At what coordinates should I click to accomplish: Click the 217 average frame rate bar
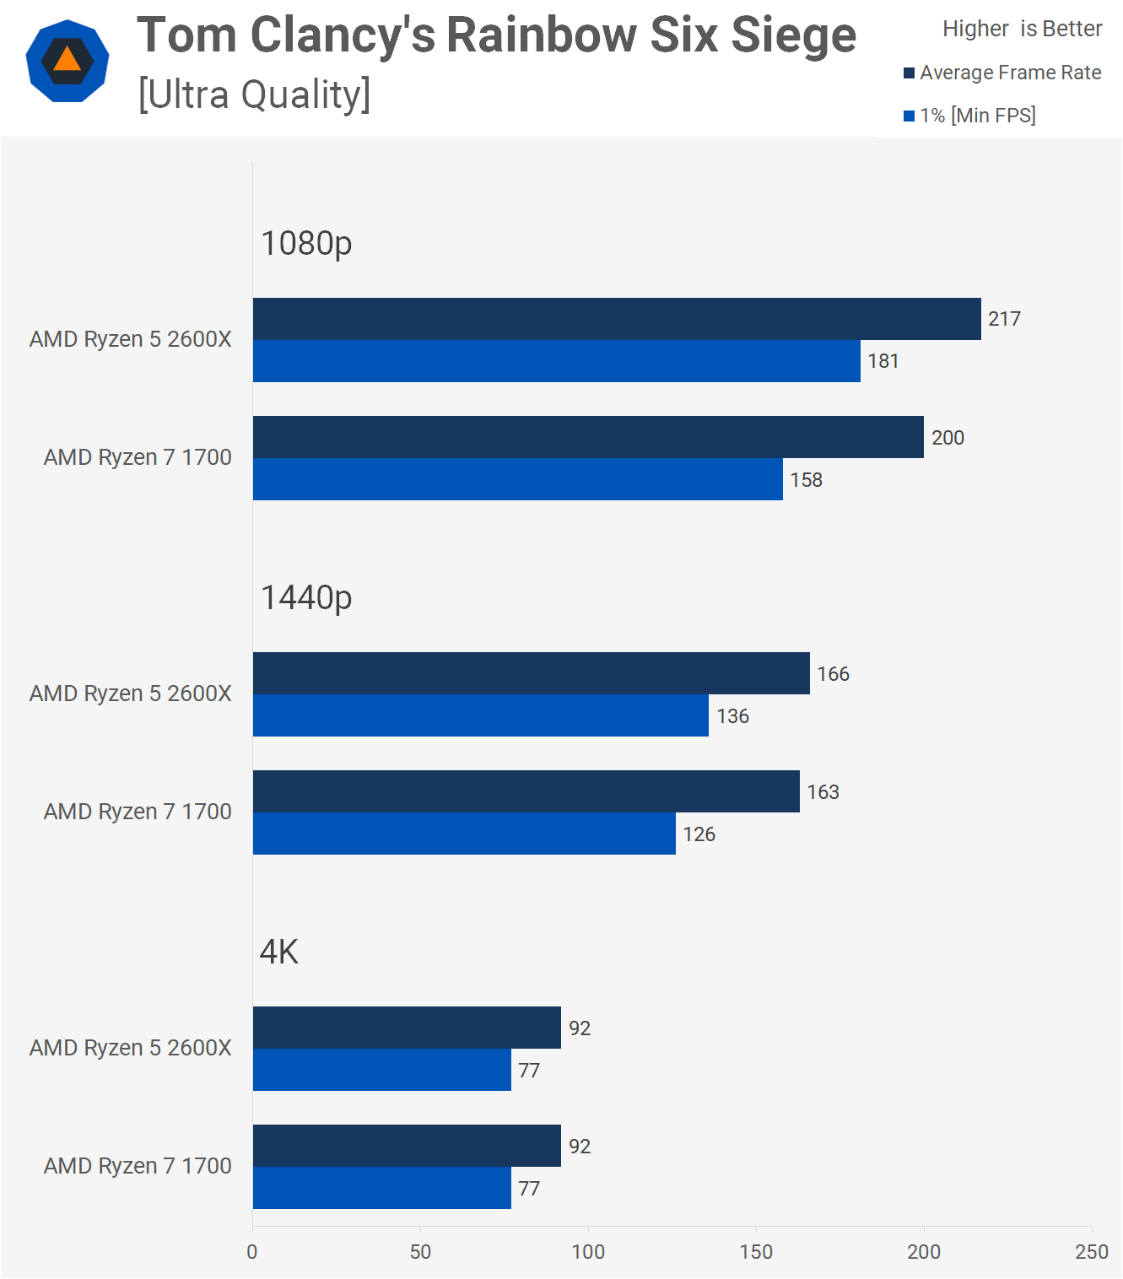pyautogui.click(x=617, y=319)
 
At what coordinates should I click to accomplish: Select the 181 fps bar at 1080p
pyautogui.click(x=557, y=361)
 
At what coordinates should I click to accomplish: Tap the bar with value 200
pyautogui.click(x=588, y=437)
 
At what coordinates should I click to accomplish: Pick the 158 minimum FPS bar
pyautogui.click(x=518, y=479)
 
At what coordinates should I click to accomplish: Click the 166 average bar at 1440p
pyautogui.click(x=532, y=673)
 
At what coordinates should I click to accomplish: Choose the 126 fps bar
pyautogui.click(x=464, y=834)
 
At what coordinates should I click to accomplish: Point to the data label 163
pyautogui.click(x=823, y=792)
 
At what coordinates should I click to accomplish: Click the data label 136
pyautogui.click(x=732, y=716)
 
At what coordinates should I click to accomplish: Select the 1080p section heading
pyautogui.click(x=306, y=244)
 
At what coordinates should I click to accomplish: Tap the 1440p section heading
pyautogui.click(x=306, y=598)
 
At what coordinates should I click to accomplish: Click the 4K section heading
pyautogui.click(x=279, y=953)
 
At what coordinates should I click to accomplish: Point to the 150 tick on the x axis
pyautogui.click(x=756, y=1252)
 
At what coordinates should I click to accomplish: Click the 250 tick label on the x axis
pyautogui.click(x=1092, y=1252)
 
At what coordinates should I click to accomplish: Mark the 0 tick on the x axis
pyautogui.click(x=252, y=1252)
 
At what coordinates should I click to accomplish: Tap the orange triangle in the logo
pyautogui.click(x=67, y=59)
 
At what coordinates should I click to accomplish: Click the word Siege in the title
pyautogui.click(x=793, y=35)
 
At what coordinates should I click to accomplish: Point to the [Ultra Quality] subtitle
pyautogui.click(x=254, y=94)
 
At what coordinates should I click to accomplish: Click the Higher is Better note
pyautogui.click(x=1022, y=30)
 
